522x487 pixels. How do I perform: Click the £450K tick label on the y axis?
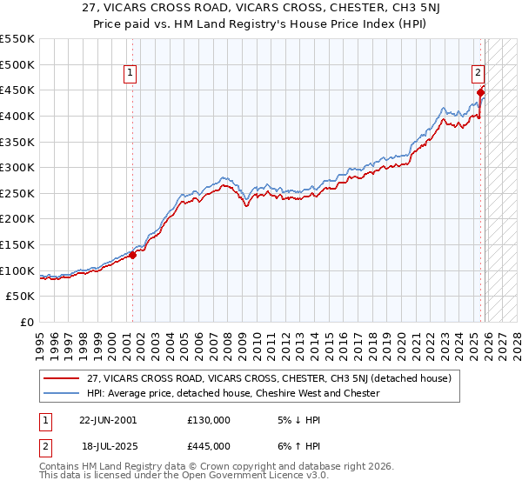17,90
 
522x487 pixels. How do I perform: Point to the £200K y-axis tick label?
17,219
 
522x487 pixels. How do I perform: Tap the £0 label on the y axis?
27,323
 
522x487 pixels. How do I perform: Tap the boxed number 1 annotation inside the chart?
130,74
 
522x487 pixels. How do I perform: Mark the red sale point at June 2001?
133,255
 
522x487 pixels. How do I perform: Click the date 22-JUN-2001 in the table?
108,419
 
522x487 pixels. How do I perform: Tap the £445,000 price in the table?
209,445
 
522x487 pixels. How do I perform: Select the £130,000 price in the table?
209,419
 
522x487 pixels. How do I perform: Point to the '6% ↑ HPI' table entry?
298,445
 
